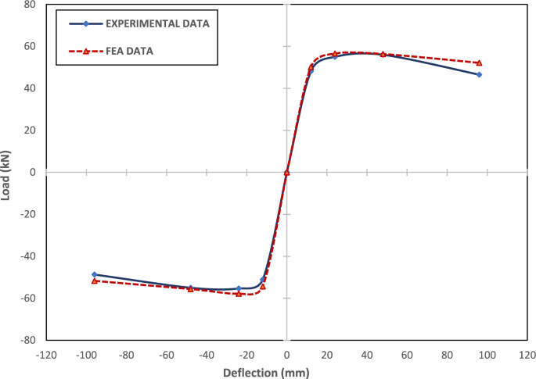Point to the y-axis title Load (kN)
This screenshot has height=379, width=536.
click(7, 172)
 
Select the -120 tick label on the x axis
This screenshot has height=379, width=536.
click(46, 353)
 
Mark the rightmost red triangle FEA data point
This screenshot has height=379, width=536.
click(479, 63)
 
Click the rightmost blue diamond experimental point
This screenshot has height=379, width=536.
click(479, 74)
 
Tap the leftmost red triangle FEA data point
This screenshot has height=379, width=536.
click(94, 280)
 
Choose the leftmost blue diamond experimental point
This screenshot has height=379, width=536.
click(94, 274)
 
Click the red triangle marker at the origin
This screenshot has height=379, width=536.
click(287, 172)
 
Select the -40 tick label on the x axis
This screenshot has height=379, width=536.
click(207, 353)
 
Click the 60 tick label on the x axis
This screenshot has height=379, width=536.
click(407, 353)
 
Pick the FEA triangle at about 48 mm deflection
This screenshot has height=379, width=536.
click(383, 54)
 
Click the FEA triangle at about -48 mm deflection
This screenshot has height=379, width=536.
click(190, 289)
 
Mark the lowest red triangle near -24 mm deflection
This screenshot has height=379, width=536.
click(239, 294)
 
